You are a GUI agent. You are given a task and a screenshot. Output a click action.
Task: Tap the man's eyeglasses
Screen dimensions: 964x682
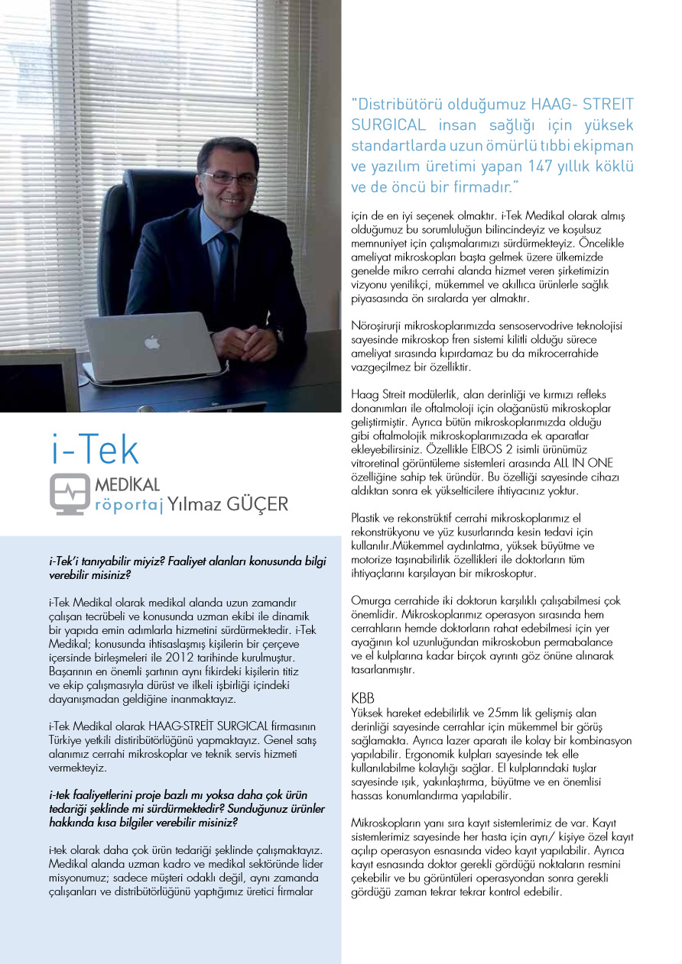(229, 177)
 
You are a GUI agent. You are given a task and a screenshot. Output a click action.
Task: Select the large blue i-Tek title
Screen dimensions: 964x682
(96, 451)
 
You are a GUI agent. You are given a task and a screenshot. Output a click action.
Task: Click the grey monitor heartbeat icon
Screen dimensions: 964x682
(70, 493)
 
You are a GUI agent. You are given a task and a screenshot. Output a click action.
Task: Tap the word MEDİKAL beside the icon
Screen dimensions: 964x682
(127, 485)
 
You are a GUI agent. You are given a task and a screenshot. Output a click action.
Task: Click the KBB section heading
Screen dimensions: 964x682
(362, 699)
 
